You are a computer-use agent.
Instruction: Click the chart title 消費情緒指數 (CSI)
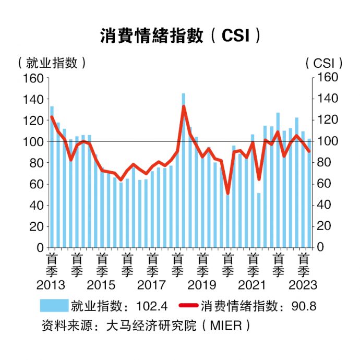pyautogui.click(x=180, y=35)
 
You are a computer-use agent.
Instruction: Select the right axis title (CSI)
pyautogui.click(x=324, y=63)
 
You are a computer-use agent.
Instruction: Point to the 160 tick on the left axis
pyautogui.click(x=33, y=78)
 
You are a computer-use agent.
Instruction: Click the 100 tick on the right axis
pyautogui.click(x=325, y=141)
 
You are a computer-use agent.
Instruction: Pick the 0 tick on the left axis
pyautogui.click(x=39, y=247)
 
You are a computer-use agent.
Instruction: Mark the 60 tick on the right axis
pyautogui.click(x=322, y=184)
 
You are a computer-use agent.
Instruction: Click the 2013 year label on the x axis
pyautogui.click(x=51, y=285)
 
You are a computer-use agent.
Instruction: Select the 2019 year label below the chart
pyautogui.click(x=202, y=285)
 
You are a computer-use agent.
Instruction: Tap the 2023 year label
pyautogui.click(x=303, y=285)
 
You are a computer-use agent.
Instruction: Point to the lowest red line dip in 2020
pyautogui.click(x=227, y=194)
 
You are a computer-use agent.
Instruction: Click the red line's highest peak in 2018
pyautogui.click(x=184, y=106)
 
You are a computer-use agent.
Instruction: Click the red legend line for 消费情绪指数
pyautogui.click(x=188, y=306)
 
